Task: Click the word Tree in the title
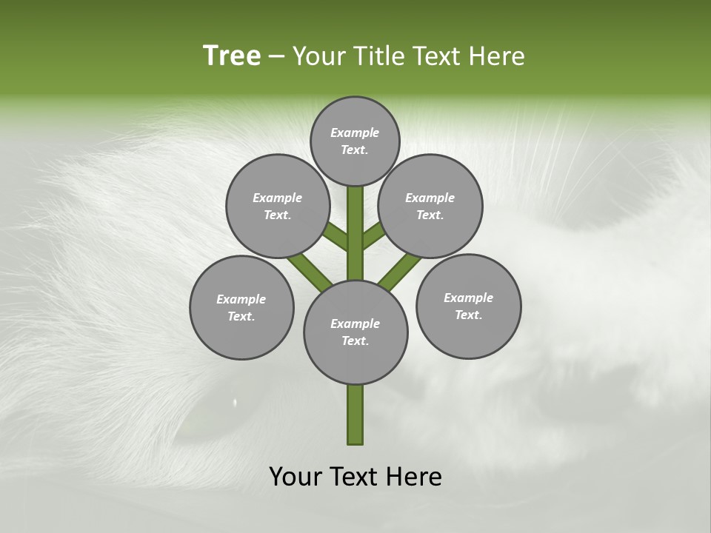[x=232, y=56]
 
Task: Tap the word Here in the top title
[x=497, y=56]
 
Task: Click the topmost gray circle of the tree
[x=355, y=141]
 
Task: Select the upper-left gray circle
[x=277, y=206]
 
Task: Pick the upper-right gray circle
[x=430, y=206]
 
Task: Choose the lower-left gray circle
[x=241, y=307]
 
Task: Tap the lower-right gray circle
[x=468, y=306]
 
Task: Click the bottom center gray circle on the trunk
[x=355, y=332]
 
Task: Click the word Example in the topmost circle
[x=355, y=133]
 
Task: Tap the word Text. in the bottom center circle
[x=355, y=341]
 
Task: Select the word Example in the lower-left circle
[x=241, y=299]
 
